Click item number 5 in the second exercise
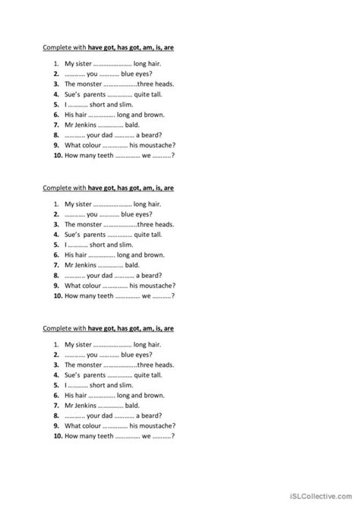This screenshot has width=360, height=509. point(57,245)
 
